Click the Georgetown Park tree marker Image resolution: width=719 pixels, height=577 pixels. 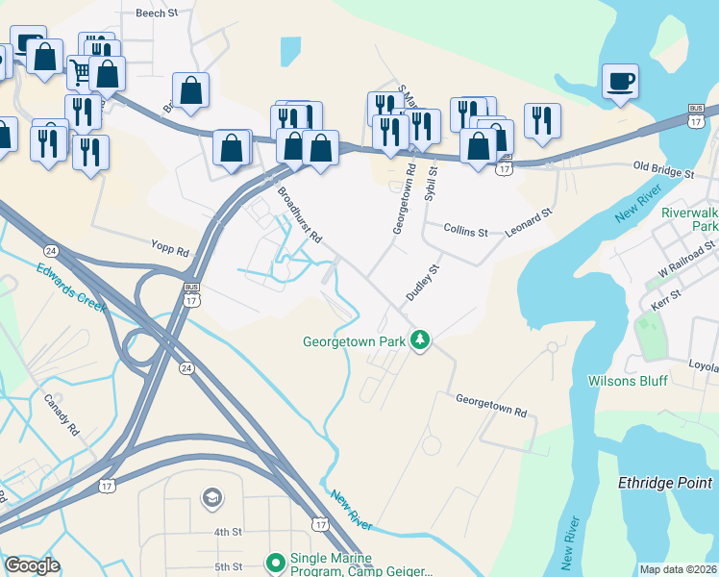[420, 339]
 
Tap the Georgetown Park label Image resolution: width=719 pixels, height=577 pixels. [354, 341]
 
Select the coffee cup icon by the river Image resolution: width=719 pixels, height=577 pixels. [621, 82]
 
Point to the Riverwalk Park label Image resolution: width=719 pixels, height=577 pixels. [689, 219]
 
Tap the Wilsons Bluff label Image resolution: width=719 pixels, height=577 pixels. [628, 381]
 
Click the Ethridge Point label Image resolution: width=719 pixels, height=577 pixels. [666, 484]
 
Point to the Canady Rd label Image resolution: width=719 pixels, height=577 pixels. [62, 414]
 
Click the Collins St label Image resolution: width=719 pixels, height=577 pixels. [466, 232]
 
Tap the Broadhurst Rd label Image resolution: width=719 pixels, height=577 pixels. [300, 214]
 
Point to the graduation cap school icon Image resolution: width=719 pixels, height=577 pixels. [211, 497]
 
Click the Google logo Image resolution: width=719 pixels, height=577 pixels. [32, 565]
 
